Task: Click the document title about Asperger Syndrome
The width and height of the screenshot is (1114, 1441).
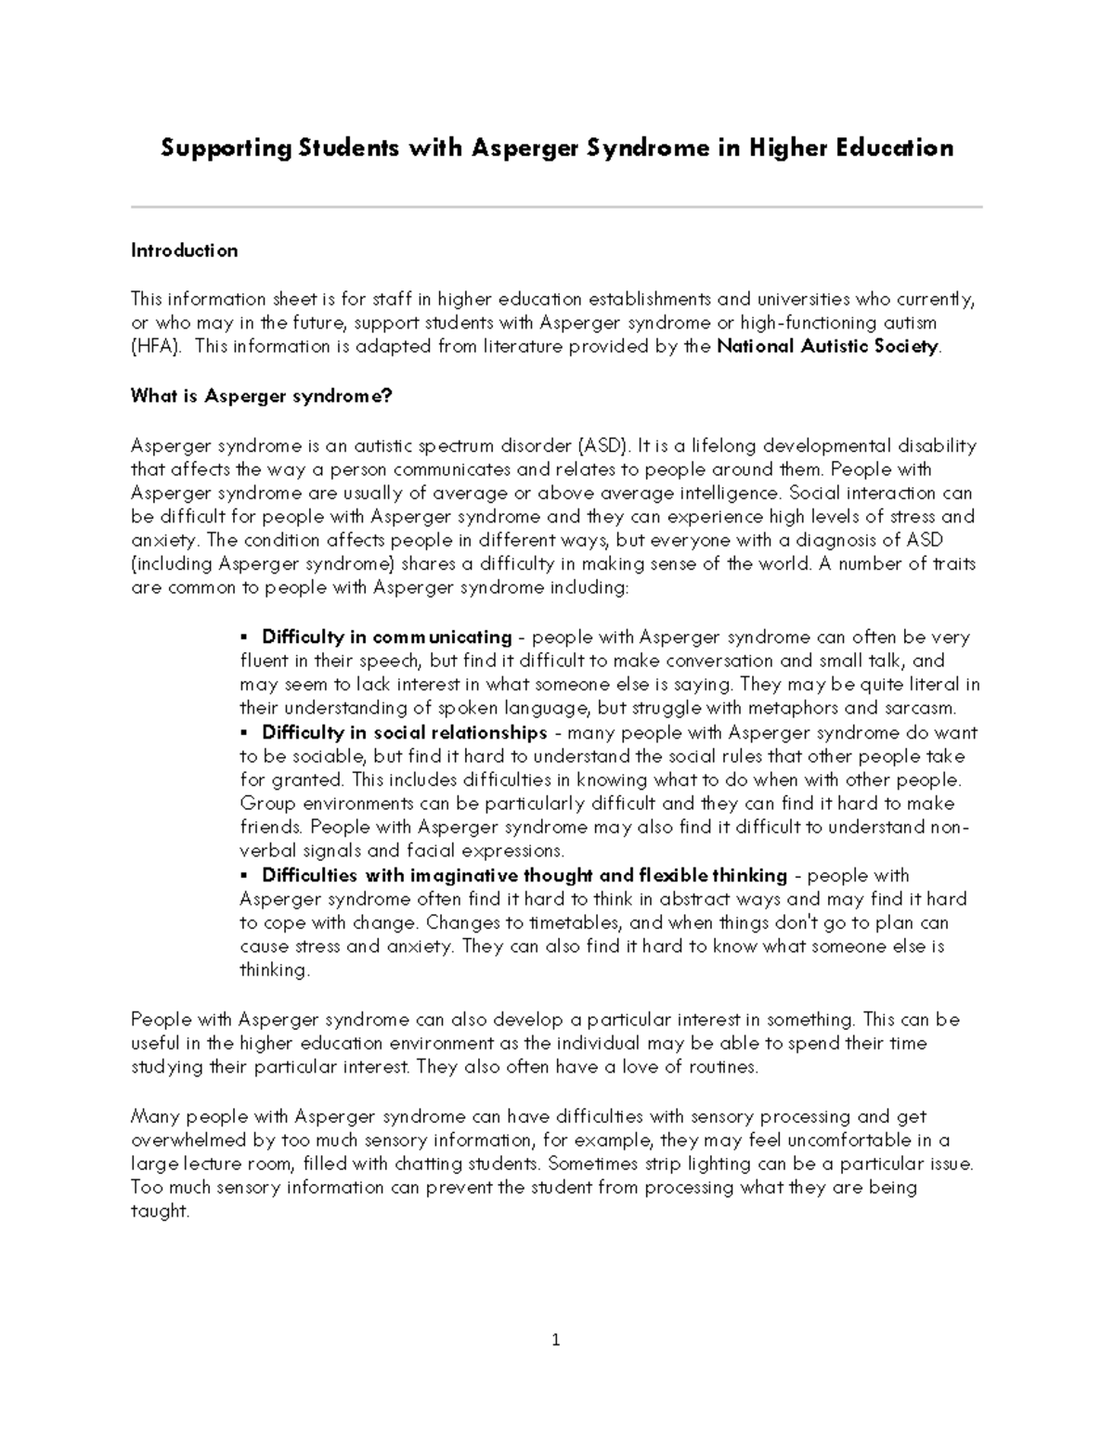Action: [557, 148]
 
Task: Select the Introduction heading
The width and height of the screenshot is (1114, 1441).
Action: [184, 251]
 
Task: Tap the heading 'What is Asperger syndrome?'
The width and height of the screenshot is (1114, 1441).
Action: [262, 396]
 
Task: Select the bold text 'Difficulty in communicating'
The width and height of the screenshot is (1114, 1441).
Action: [386, 637]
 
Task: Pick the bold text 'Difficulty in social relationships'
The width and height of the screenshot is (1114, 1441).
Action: [404, 733]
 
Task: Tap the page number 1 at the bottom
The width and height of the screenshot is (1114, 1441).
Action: [556, 1339]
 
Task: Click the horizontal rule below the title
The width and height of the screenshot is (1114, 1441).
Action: [557, 207]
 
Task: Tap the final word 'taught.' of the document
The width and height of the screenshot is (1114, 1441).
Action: [161, 1212]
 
